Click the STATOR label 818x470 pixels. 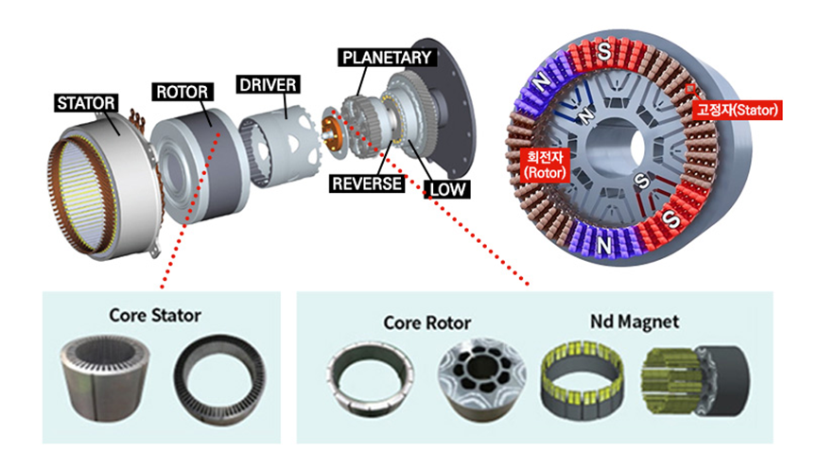click(x=85, y=103)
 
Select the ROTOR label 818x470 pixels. click(x=183, y=92)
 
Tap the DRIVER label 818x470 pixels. click(x=269, y=84)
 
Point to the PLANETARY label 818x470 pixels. click(x=387, y=58)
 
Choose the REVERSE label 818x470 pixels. click(x=367, y=183)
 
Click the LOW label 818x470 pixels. click(x=447, y=189)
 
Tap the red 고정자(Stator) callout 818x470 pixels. click(x=737, y=110)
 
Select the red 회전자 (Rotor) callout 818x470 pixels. click(x=545, y=165)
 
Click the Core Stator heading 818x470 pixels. click(x=155, y=315)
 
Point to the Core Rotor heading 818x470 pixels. click(x=427, y=322)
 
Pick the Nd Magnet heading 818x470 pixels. click(x=635, y=322)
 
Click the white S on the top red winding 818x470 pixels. click(x=603, y=51)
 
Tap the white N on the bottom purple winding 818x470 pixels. click(x=604, y=245)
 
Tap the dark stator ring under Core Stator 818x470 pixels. click(x=219, y=379)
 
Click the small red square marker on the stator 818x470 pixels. click(x=689, y=89)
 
